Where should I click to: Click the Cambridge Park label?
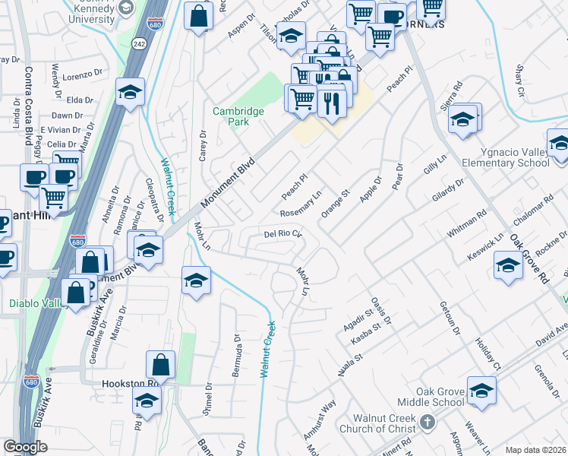coord(238,116)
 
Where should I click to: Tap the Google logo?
coord(25,447)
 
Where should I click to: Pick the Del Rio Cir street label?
coord(283,234)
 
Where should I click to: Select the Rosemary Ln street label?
coord(301,203)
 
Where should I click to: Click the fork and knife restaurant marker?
coord(331,103)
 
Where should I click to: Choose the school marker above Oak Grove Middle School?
coord(481,391)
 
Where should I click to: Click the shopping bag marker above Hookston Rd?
coord(161,366)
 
